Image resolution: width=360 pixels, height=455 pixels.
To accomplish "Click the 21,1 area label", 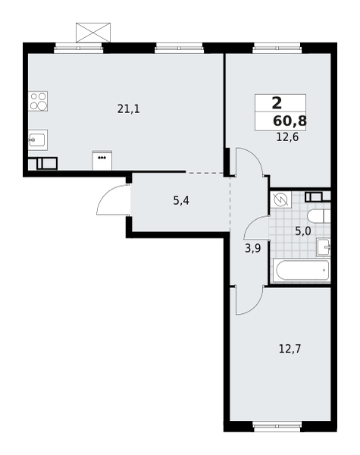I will pyautogui.click(x=128, y=109).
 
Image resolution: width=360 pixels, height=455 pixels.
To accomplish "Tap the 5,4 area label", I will pyautogui.click(x=181, y=201).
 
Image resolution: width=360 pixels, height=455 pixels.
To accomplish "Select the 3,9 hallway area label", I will pyautogui.click(x=253, y=248).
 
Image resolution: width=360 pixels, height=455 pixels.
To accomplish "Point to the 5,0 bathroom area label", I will pyautogui.click(x=303, y=231).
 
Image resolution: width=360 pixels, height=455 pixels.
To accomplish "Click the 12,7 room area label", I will pyautogui.click(x=290, y=349).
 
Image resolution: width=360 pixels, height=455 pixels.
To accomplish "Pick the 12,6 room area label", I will pyautogui.click(x=287, y=137).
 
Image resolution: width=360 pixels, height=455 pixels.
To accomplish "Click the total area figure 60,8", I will pyautogui.click(x=290, y=121).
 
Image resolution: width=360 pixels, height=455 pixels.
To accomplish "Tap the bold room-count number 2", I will pyautogui.click(x=277, y=104).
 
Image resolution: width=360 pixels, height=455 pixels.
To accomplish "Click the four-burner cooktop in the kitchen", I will pyautogui.click(x=38, y=101).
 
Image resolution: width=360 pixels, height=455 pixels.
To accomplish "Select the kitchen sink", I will pyautogui.click(x=38, y=140).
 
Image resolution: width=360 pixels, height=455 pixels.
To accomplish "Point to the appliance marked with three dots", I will pyautogui.click(x=102, y=160).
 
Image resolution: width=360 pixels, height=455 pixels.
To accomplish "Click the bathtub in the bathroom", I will pyautogui.click(x=302, y=270).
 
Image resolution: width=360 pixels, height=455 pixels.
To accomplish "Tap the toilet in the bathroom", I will pyautogui.click(x=318, y=216).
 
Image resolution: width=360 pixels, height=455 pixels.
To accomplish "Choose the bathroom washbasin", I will pyautogui.click(x=324, y=247).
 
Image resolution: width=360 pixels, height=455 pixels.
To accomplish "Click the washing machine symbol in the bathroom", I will pyautogui.click(x=280, y=199).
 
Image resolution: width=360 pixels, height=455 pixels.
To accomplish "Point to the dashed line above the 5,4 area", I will pyautogui.click(x=206, y=173).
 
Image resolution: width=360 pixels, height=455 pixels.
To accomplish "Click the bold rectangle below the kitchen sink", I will pyautogui.click(x=47, y=163).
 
